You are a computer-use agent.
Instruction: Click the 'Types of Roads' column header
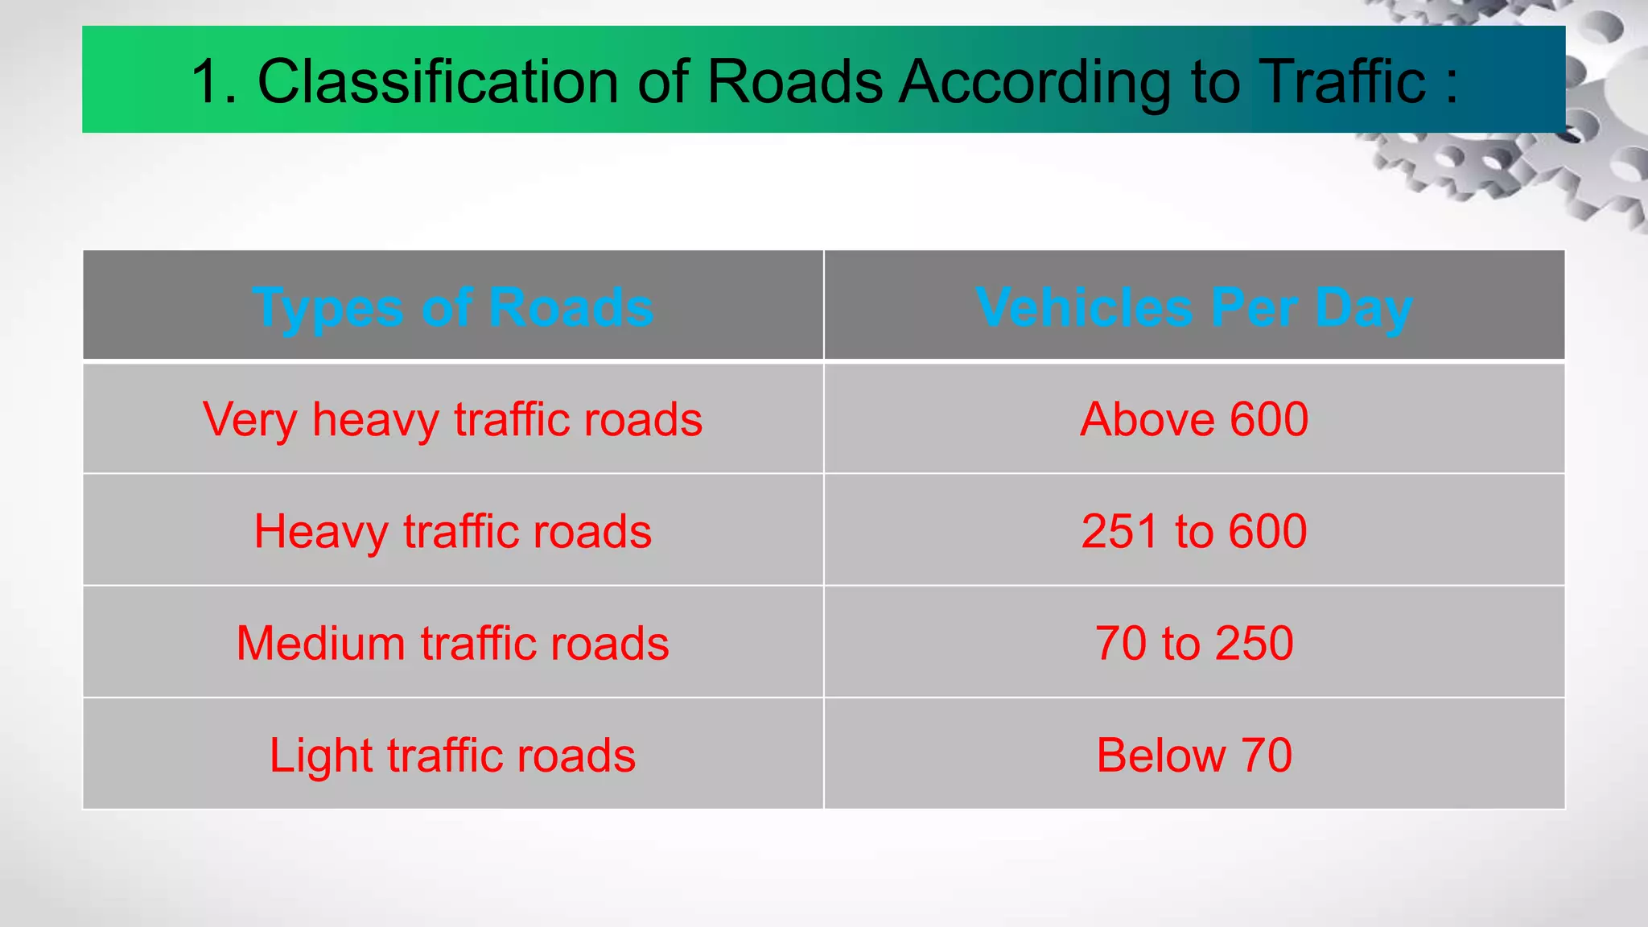452,307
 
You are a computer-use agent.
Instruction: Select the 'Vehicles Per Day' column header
1193,307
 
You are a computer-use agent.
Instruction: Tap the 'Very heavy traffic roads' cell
452,419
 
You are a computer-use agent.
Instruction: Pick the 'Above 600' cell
1194,419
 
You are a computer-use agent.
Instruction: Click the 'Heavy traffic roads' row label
452,531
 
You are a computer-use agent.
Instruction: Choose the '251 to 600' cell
1194,531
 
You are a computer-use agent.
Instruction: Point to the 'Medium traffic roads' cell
452,643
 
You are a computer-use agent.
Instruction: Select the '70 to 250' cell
1194,643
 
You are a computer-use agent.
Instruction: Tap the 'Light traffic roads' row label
452,755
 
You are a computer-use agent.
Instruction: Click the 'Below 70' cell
1194,755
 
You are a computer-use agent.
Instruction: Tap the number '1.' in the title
213,81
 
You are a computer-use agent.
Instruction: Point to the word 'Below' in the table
1160,755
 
